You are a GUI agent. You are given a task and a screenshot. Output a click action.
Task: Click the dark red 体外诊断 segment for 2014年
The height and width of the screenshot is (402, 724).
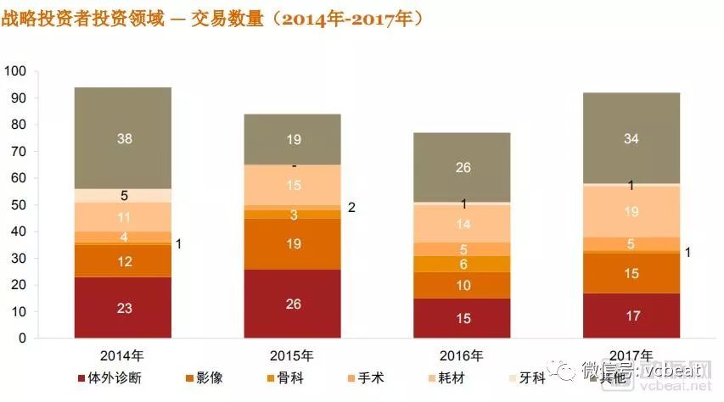pos(123,308)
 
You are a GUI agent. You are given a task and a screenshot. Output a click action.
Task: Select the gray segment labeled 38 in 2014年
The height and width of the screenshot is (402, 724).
pos(123,138)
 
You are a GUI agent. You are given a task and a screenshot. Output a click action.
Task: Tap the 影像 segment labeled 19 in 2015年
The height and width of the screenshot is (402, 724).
pos(293,244)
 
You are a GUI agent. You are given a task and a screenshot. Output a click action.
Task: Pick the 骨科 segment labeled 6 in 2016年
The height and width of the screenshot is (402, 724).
pos(462,264)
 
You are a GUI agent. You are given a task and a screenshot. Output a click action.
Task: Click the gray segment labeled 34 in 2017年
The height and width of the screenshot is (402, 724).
pos(631,138)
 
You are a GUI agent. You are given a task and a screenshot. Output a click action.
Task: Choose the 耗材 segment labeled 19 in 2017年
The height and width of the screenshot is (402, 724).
pos(631,211)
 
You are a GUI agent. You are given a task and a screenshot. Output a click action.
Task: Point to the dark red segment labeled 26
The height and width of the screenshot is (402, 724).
pos(293,304)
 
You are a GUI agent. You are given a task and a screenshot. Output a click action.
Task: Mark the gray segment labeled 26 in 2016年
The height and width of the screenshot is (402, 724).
pos(462,168)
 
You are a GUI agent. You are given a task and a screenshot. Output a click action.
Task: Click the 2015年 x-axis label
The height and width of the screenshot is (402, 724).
pos(293,355)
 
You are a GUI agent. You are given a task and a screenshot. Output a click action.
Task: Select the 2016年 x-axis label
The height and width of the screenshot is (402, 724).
pos(462,355)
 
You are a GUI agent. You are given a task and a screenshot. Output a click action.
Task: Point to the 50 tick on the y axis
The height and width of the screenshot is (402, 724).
pos(20,205)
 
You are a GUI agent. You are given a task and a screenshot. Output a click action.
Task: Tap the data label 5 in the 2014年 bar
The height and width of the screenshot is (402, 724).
pos(123,196)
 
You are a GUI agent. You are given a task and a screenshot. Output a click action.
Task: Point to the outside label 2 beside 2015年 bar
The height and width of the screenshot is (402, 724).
pos(351,208)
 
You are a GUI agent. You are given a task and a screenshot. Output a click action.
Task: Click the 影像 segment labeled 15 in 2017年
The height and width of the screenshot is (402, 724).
pos(631,273)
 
